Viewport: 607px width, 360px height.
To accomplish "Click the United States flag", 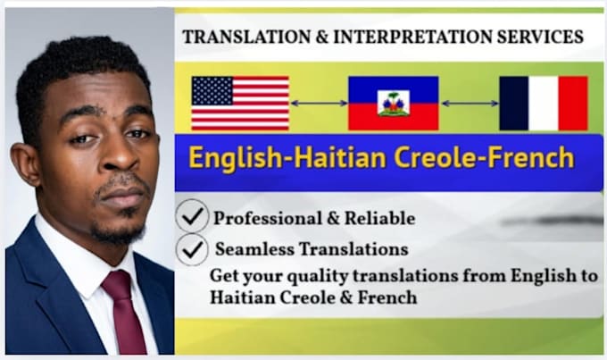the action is pyautogui.click(x=240, y=103).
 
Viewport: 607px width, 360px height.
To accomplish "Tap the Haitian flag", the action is pyautogui.click(x=394, y=103).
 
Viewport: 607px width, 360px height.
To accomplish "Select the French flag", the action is pyautogui.click(x=544, y=103).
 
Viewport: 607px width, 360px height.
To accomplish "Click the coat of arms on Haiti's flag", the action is pyautogui.click(x=394, y=103).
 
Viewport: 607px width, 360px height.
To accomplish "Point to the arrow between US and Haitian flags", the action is pyautogui.click(x=319, y=103).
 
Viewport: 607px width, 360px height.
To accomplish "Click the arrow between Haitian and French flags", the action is pyautogui.click(x=470, y=104).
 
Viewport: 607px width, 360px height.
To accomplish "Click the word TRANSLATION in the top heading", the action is pyautogui.click(x=246, y=37).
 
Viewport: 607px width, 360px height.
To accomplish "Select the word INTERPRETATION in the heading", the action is pyautogui.click(x=412, y=37).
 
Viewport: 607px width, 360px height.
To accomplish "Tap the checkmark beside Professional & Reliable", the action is pyautogui.click(x=193, y=216).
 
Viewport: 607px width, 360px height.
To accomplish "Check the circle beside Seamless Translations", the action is pyautogui.click(x=192, y=249).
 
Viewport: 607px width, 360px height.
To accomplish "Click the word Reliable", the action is pyautogui.click(x=379, y=218).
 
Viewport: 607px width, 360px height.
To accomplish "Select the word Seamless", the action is pyautogui.click(x=254, y=248).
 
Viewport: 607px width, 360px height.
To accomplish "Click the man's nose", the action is pyautogui.click(x=119, y=153).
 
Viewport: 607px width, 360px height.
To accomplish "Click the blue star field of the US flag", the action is pyautogui.click(x=212, y=91).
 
